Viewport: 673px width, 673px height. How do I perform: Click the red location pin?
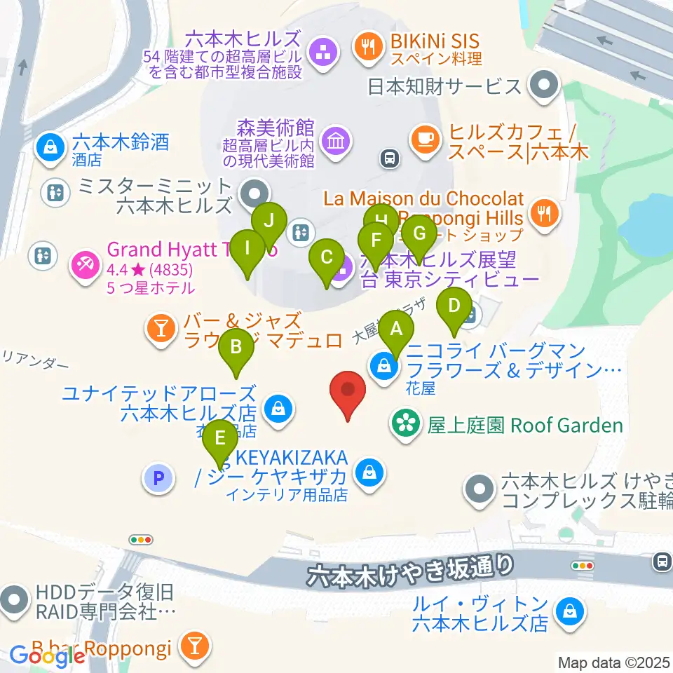tap(349, 395)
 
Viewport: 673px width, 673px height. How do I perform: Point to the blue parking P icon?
tap(158, 479)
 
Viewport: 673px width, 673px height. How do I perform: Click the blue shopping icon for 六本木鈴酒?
tap(51, 148)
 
